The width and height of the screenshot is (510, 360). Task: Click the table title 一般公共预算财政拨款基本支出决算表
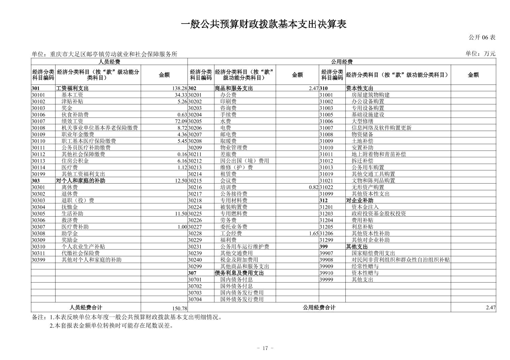coord(264,24)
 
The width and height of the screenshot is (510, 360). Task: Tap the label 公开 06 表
coord(482,37)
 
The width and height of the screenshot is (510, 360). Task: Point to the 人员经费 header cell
coord(109,62)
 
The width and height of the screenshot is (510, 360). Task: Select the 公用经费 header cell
coord(342,62)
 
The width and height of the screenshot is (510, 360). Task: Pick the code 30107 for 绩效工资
coord(38,121)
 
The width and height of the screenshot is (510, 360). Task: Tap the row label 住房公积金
coord(75,161)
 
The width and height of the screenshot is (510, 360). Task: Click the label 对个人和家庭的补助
coord(80,181)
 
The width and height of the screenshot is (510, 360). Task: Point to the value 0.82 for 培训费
coord(313,187)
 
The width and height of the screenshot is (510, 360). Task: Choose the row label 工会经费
coord(231,233)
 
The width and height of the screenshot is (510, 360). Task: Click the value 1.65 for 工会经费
coord(313,233)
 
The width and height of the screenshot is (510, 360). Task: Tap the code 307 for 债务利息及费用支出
coord(192,273)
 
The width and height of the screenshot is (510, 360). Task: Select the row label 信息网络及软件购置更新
coord(381,128)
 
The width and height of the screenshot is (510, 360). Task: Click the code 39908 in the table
coord(326,260)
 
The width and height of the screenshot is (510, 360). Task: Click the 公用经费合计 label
coord(319,307)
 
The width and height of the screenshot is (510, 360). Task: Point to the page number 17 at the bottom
coord(265,348)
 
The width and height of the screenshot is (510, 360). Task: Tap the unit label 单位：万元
coord(480,54)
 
